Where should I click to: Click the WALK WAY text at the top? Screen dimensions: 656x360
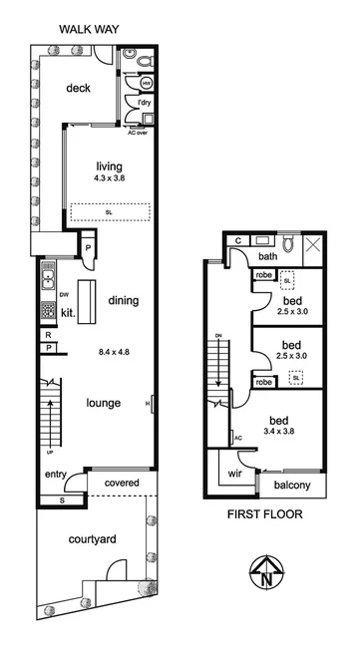(x=89, y=29)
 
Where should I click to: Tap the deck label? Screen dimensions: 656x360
(x=78, y=88)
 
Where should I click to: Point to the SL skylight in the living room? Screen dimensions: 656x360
(x=109, y=211)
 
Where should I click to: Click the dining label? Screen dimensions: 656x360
(x=123, y=300)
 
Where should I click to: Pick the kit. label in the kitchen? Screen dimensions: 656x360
(x=68, y=312)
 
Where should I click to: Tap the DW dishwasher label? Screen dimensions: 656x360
(x=63, y=295)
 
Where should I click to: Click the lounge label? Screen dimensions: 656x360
(x=104, y=403)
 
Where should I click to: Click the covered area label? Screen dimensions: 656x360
(x=123, y=484)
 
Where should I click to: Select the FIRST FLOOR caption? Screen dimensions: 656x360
(x=264, y=515)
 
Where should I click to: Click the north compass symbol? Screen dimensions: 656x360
(x=264, y=572)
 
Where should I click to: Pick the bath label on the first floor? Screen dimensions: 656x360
(x=240, y=256)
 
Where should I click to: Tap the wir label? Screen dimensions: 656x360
(x=235, y=475)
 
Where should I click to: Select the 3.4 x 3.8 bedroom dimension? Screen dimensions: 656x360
(x=290, y=431)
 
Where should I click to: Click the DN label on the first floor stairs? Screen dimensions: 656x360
(x=215, y=335)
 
